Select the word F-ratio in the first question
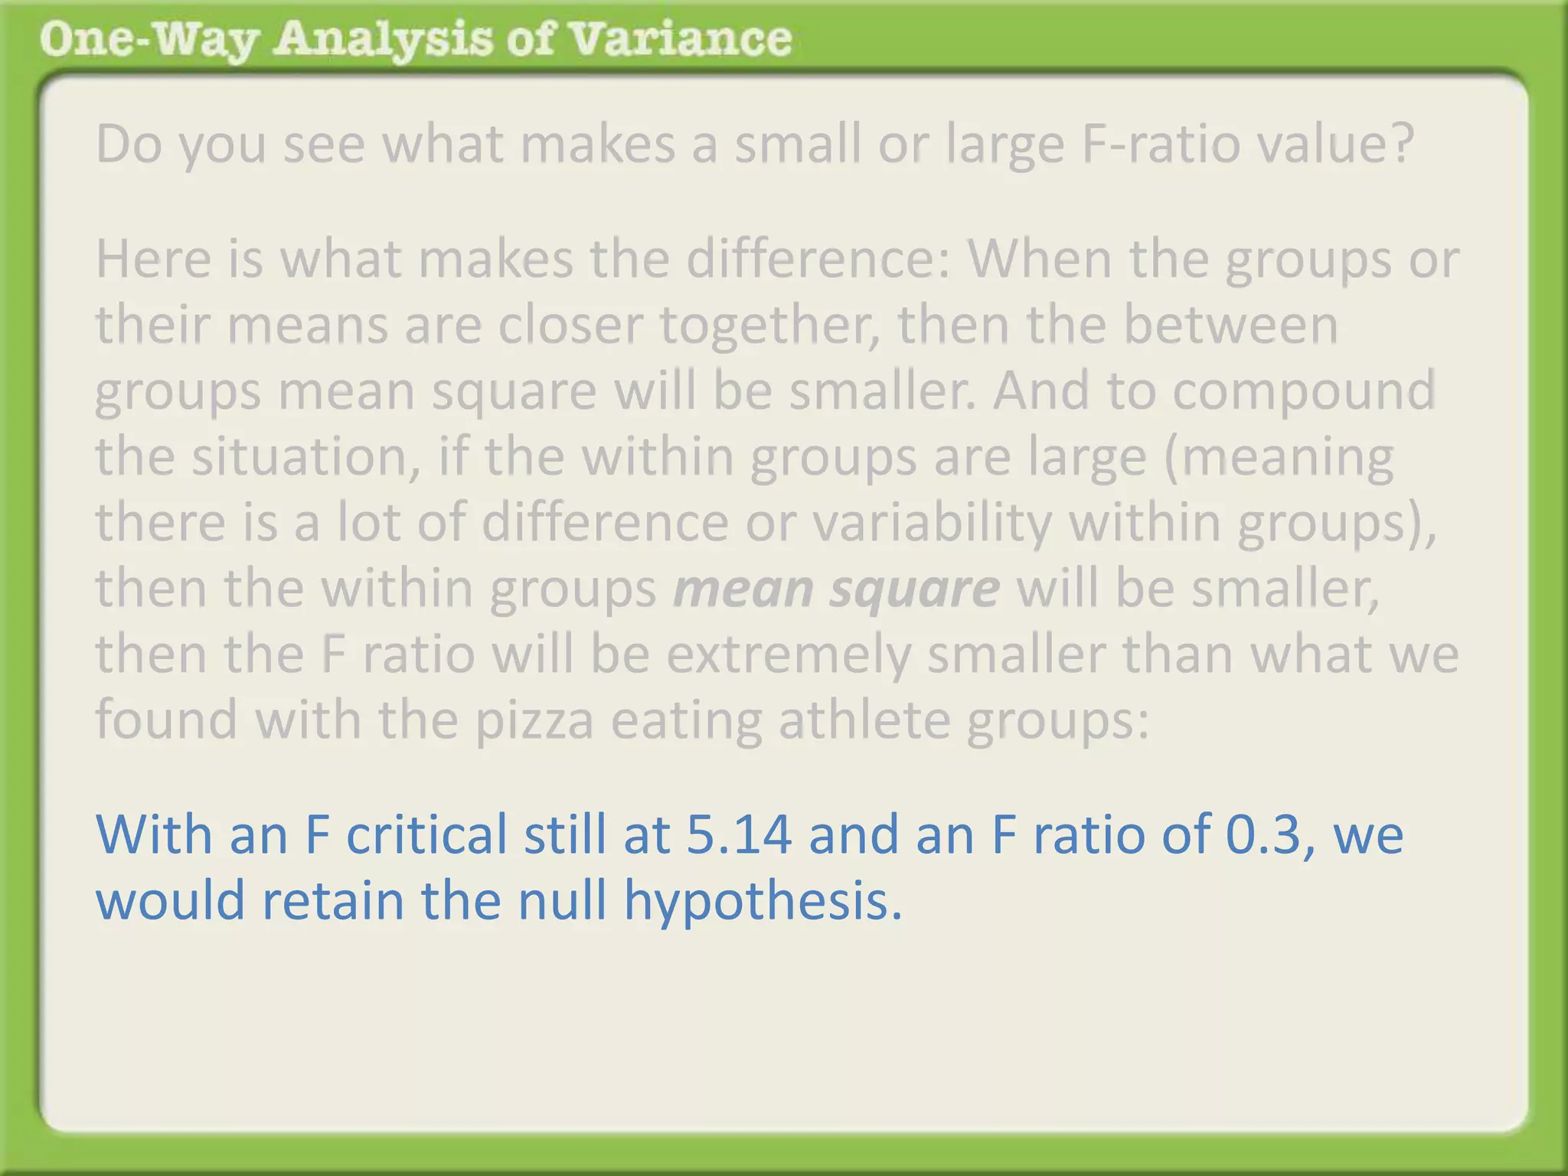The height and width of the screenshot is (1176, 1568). pyautogui.click(x=1161, y=144)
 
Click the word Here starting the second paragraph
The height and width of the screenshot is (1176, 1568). pyautogui.click(x=152, y=259)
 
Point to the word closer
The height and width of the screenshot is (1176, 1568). pyautogui.click(x=570, y=325)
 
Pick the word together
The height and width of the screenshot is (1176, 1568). pyautogui.click(x=769, y=325)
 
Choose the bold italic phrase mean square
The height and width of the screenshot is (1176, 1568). pyautogui.click(x=836, y=588)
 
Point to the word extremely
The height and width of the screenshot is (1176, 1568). pyautogui.click(x=788, y=654)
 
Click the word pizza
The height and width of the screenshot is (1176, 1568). pyautogui.click(x=534, y=720)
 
